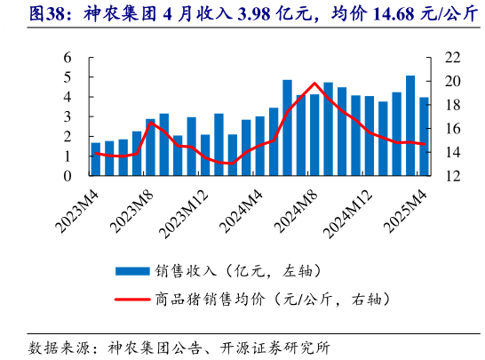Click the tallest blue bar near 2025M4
(409, 125)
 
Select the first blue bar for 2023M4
(96, 159)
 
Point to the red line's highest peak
(314, 83)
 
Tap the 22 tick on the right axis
(452, 58)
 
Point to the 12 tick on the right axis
(452, 176)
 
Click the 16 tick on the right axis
(452, 129)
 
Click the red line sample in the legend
(131, 300)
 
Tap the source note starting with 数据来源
(178, 345)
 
